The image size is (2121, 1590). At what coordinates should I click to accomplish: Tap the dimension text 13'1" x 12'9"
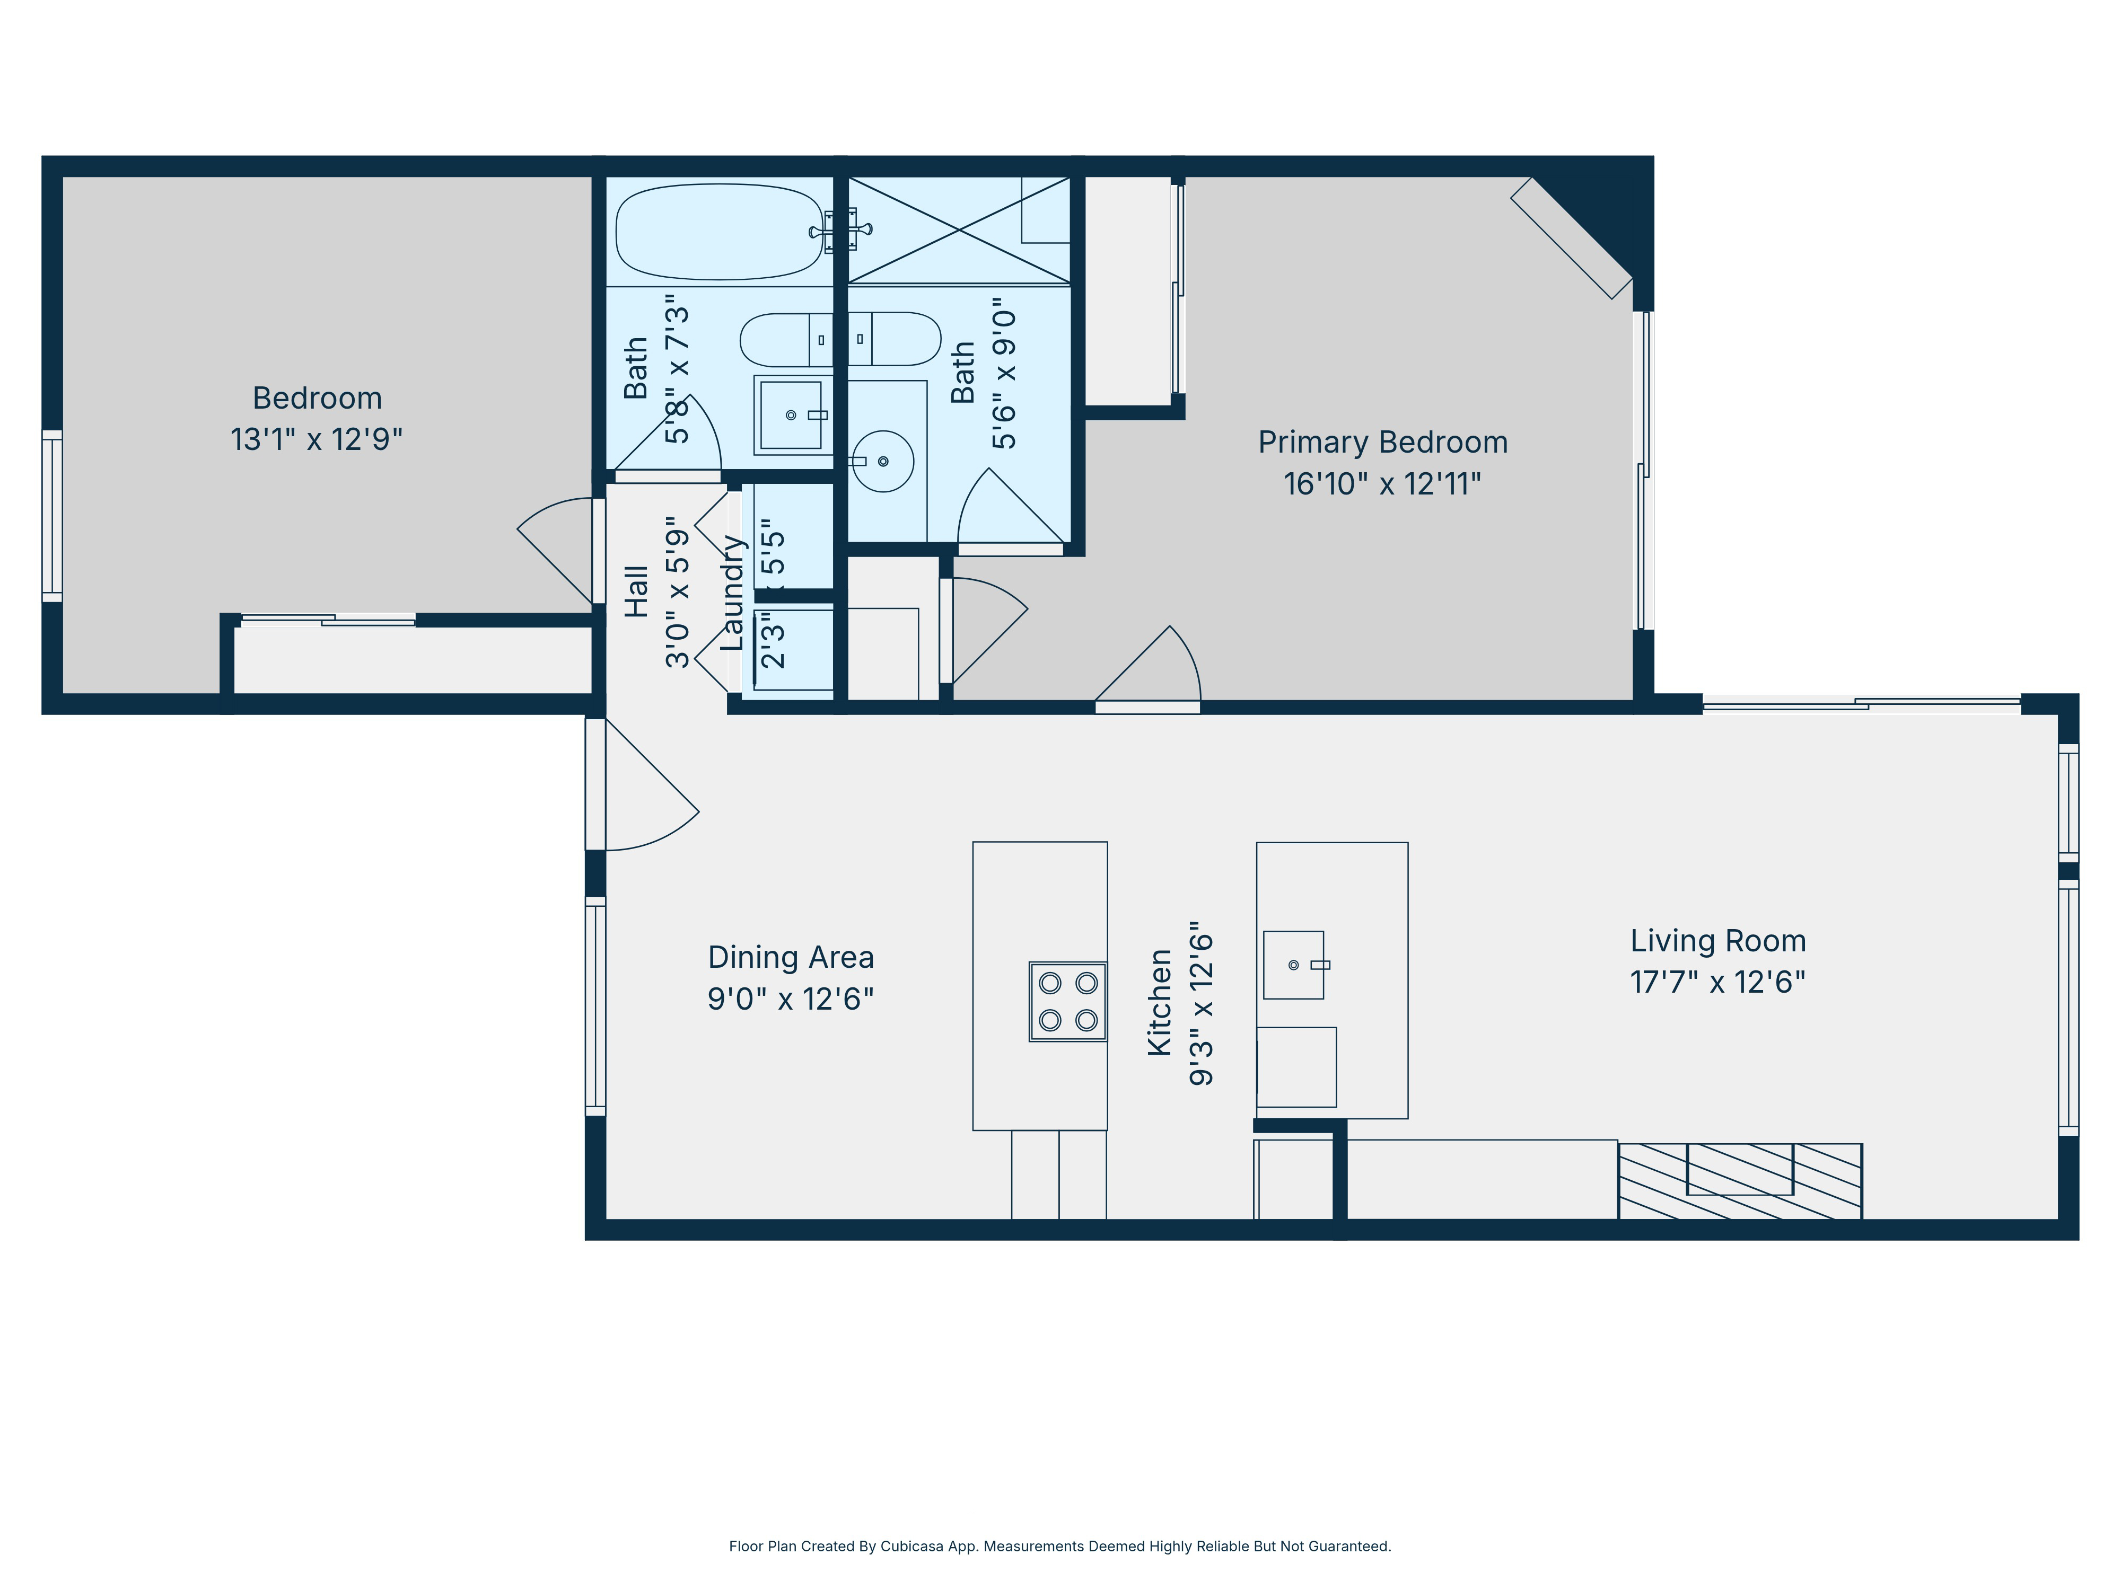[317, 439]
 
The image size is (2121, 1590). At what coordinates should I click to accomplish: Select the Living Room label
[1717, 941]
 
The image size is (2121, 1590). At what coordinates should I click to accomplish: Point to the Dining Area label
[790, 958]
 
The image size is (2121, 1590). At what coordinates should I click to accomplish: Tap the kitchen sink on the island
[1293, 964]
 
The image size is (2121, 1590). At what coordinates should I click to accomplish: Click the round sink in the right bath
[882, 461]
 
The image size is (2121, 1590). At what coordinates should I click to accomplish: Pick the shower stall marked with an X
[958, 230]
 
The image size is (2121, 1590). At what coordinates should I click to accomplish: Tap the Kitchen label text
[1159, 1003]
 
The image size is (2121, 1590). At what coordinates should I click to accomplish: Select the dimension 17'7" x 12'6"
[1717, 983]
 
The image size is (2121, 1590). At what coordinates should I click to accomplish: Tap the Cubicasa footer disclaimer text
[1059, 1546]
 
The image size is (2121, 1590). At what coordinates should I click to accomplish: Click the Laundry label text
[732, 593]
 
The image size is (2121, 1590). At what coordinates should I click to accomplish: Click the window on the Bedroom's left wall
[52, 516]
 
